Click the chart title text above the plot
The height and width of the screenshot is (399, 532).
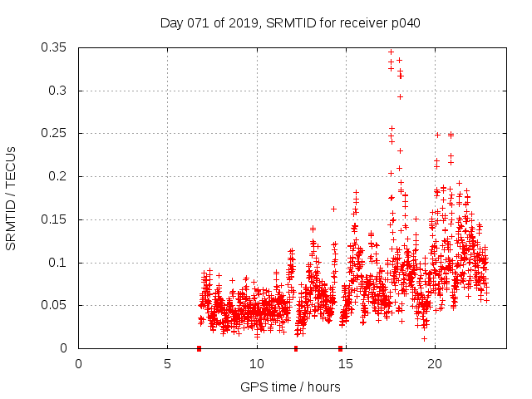coord(290,23)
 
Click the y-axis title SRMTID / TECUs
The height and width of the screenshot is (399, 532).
coord(11,198)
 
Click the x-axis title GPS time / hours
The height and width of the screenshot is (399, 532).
coord(290,387)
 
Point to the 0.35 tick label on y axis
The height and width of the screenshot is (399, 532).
coord(55,47)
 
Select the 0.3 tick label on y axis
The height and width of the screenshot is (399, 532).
coord(58,91)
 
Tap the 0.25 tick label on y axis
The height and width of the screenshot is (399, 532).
coord(55,133)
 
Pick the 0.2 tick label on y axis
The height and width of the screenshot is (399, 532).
coord(58,176)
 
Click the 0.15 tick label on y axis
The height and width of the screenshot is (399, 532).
coord(55,219)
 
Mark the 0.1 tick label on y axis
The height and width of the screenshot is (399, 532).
coord(58,263)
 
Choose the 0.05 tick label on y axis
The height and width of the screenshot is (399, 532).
coord(55,305)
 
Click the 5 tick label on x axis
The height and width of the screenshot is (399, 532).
coord(168,364)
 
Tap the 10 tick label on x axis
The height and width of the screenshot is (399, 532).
coord(257,364)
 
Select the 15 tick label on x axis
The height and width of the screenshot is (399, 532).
coord(346,364)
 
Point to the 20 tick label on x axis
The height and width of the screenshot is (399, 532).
coord(435,364)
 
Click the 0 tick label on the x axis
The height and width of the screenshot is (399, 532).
coord(79,364)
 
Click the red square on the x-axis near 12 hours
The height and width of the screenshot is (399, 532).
coord(296,348)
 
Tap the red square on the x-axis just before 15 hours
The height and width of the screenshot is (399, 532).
coord(340,348)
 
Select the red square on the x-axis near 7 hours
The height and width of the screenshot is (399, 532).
coord(199,348)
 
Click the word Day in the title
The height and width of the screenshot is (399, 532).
coord(171,23)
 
